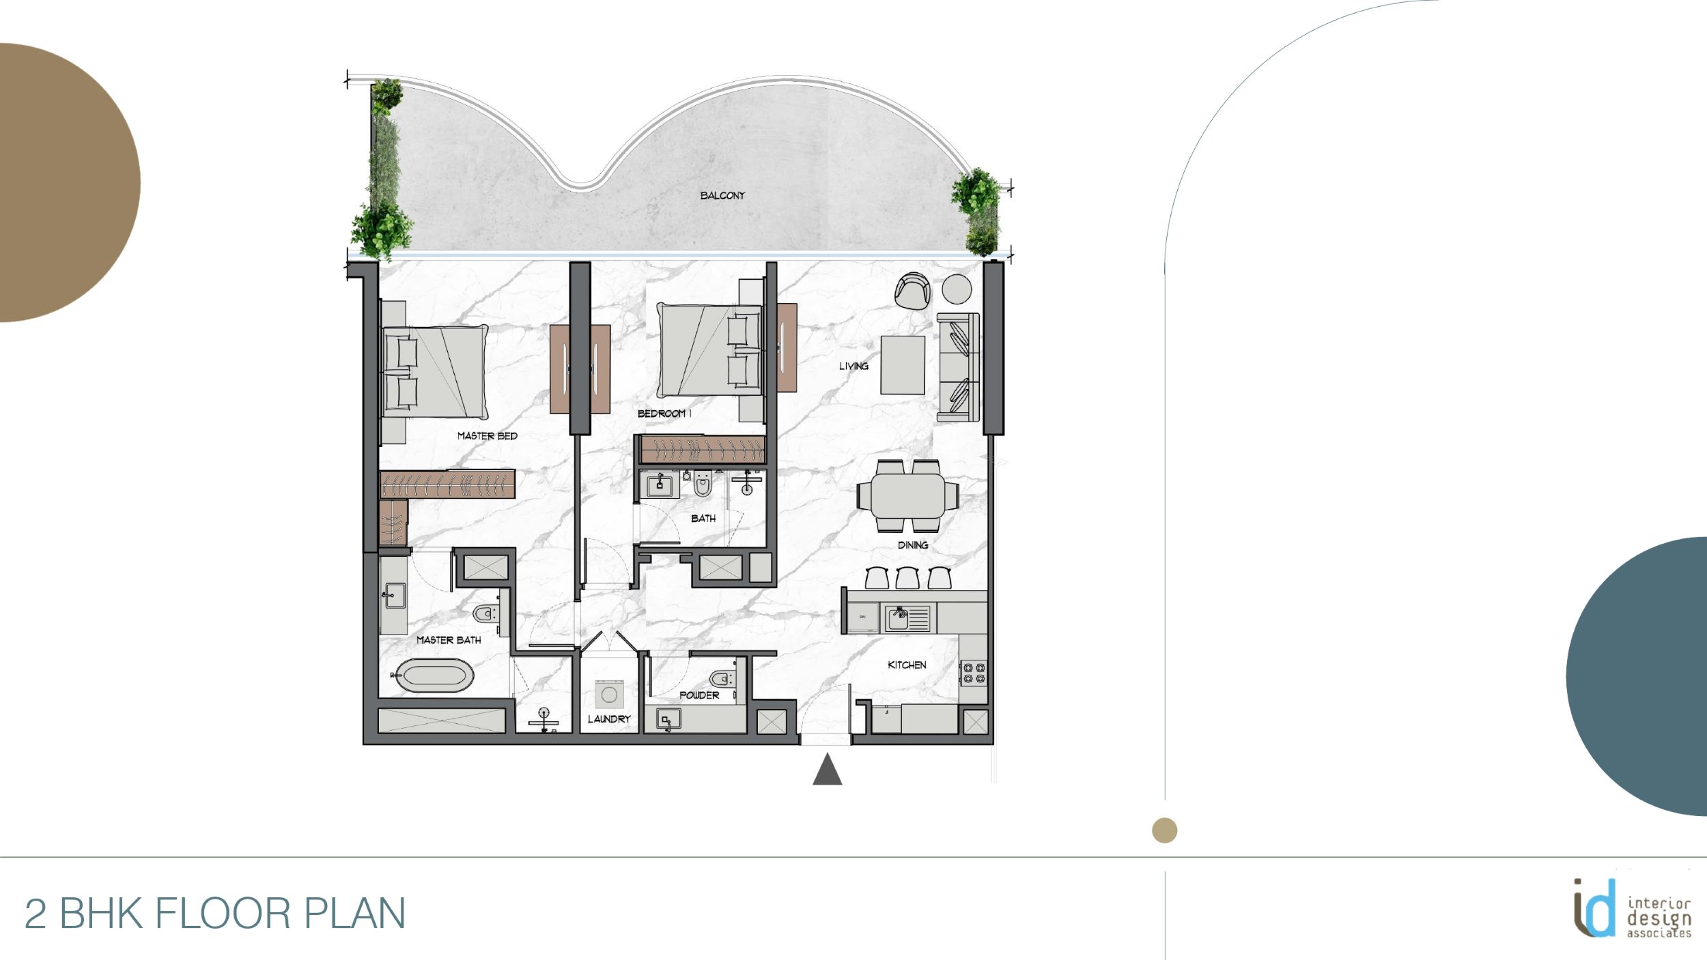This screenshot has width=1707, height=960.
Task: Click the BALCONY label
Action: [x=722, y=195]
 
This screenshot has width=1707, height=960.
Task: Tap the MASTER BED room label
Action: [x=487, y=436]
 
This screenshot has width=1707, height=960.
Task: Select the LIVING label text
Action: [x=853, y=366]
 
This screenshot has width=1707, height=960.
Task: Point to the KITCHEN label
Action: [x=907, y=665]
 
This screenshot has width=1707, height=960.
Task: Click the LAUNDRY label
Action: [x=609, y=719]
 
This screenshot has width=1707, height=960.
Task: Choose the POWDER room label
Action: [x=699, y=695]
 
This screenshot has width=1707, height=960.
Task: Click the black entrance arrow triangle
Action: [x=827, y=770]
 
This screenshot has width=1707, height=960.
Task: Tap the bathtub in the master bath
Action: [x=435, y=675]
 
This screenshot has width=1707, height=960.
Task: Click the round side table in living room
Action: [x=957, y=289]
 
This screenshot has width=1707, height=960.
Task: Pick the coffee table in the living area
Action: [x=903, y=365]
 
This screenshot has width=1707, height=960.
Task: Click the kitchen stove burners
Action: [x=973, y=673]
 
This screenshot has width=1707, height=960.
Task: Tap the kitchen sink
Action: [x=899, y=619]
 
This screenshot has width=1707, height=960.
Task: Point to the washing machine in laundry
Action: [x=609, y=695]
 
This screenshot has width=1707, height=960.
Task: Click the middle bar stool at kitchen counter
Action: [x=907, y=578]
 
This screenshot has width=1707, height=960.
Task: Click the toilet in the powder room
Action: [x=721, y=679]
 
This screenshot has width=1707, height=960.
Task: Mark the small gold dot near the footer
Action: [x=1164, y=830]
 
